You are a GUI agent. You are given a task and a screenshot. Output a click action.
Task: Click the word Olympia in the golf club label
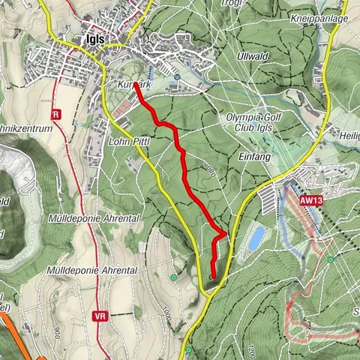click(x=243, y=118)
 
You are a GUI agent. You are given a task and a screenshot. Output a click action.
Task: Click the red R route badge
click(x=56, y=115)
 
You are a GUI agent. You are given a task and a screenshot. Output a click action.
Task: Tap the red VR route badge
click(x=101, y=317)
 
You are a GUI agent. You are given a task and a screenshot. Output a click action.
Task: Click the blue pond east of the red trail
click(x=256, y=238)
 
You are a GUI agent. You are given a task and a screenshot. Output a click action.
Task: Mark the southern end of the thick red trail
click(x=212, y=278)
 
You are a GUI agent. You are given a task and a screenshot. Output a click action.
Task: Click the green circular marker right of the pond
click(x=329, y=259)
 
